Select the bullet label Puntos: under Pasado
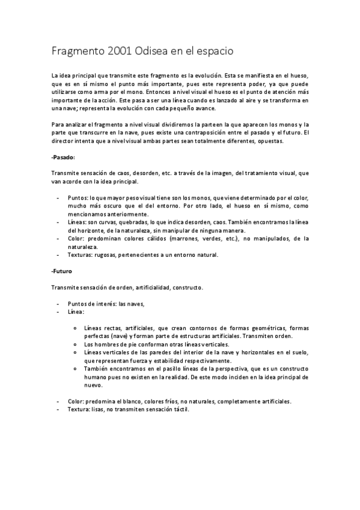click(x=79, y=197)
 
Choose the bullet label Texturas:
click(x=82, y=254)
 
